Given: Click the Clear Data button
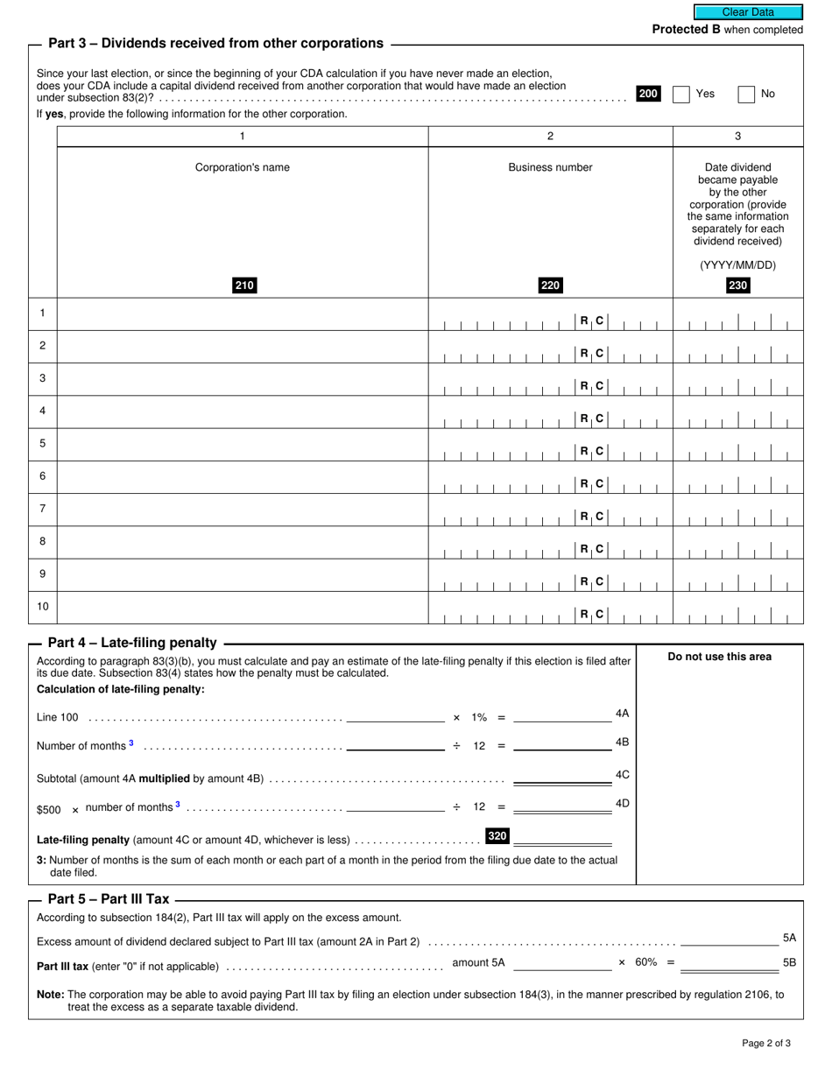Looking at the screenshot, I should pos(748,12).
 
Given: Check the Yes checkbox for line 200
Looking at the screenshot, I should pos(681,95).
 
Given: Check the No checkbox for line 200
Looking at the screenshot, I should pos(746,95).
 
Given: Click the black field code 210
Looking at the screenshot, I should pos(244,285).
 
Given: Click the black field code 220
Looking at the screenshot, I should pos(550,285).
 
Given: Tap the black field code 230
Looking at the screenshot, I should pos(738,285).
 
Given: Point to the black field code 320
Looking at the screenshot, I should pos(497,836).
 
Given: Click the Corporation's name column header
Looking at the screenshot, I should pos(242,167).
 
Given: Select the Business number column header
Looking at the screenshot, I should pos(550,167).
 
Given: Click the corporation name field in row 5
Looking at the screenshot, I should pos(242,445).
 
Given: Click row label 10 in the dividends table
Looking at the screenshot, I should pos(42,607).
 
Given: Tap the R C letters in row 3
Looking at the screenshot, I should pos(591,386).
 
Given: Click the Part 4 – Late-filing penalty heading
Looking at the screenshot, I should pos(132,643).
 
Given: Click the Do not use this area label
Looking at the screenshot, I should pos(720,657).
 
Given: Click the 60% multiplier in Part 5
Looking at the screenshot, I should pos(645,962).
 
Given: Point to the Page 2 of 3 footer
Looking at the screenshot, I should pos(766,1043).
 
